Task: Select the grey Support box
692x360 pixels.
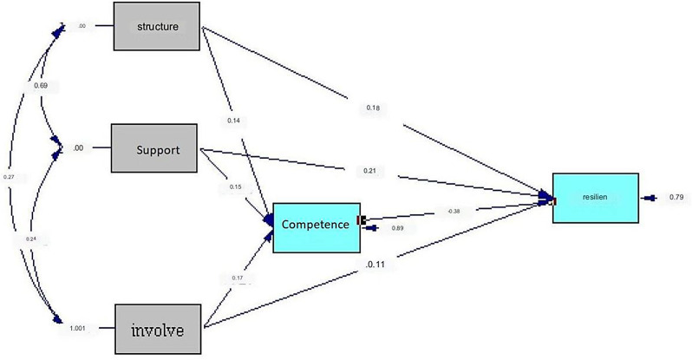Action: click(x=158, y=149)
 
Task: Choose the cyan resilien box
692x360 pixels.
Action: click(x=594, y=198)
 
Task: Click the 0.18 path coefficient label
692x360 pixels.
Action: click(x=373, y=109)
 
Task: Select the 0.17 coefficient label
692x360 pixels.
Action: click(x=238, y=278)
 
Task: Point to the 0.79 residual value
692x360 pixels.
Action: click(x=676, y=198)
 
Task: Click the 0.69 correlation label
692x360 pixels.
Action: click(x=40, y=86)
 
